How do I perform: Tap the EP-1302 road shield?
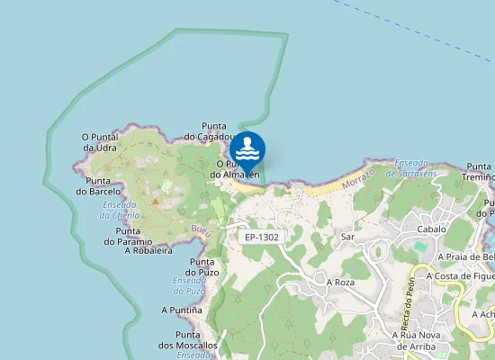[262, 237]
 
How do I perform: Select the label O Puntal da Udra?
[99, 142]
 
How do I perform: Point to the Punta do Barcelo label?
[98, 185]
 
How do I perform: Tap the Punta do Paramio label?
[134, 236]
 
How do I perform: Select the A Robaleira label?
[148, 251]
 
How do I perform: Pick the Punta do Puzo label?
[203, 266]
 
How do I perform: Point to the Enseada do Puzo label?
[190, 285]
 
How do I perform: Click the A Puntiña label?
[181, 310]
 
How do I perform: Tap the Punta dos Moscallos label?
[188, 339]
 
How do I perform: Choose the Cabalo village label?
[431, 229]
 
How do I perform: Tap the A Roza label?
[341, 282]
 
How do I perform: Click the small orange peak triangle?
[155, 202]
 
